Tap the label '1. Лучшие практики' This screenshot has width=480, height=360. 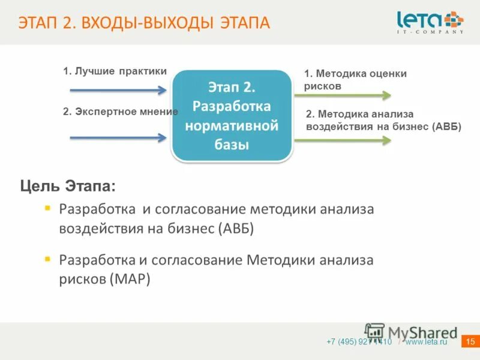[x=115, y=71]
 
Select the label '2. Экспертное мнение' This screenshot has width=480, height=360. [x=121, y=112]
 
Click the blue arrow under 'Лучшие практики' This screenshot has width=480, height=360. [x=118, y=91]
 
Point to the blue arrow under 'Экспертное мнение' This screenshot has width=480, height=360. [x=118, y=137]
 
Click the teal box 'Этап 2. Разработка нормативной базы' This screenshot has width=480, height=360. [x=232, y=116]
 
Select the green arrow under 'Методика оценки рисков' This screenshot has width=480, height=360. [x=342, y=95]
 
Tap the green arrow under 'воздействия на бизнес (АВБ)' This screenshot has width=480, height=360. [x=342, y=140]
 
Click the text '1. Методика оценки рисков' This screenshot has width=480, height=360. [x=355, y=79]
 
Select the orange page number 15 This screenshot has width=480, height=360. [x=470, y=342]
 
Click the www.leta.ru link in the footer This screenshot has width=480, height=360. [x=426, y=342]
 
